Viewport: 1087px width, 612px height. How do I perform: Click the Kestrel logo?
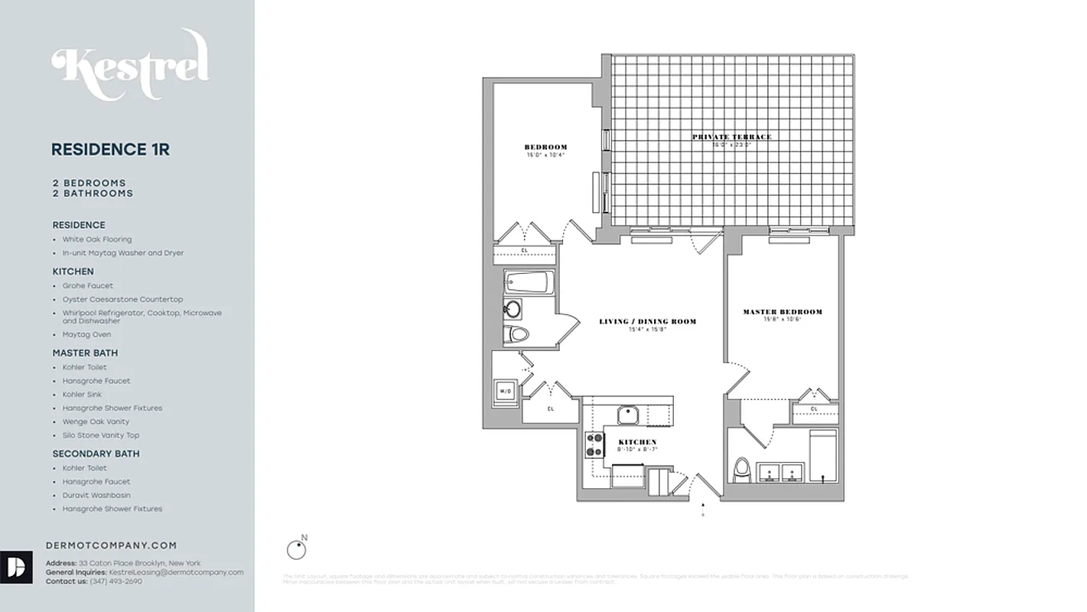[130, 66]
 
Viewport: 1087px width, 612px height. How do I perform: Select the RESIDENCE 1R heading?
[110, 150]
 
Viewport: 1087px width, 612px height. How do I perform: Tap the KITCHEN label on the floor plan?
[637, 442]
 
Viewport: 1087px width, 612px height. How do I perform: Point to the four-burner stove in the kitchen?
[594, 445]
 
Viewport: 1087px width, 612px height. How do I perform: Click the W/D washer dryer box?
[506, 391]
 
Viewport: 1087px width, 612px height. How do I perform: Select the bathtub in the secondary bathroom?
[528, 284]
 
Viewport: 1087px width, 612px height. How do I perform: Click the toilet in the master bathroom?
[741, 470]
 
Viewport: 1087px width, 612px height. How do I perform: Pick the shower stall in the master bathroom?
[822, 456]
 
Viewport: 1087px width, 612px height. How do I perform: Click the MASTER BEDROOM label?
[783, 312]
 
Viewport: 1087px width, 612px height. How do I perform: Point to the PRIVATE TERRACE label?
[732, 137]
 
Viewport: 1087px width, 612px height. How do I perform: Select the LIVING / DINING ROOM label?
[647, 321]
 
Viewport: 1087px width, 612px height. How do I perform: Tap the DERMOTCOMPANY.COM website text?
[112, 545]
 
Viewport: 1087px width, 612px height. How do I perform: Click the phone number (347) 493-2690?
[116, 581]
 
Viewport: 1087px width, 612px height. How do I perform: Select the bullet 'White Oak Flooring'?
[97, 239]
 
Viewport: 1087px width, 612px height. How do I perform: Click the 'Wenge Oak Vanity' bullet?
[96, 422]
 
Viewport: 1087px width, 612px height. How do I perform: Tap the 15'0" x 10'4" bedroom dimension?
[545, 155]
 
